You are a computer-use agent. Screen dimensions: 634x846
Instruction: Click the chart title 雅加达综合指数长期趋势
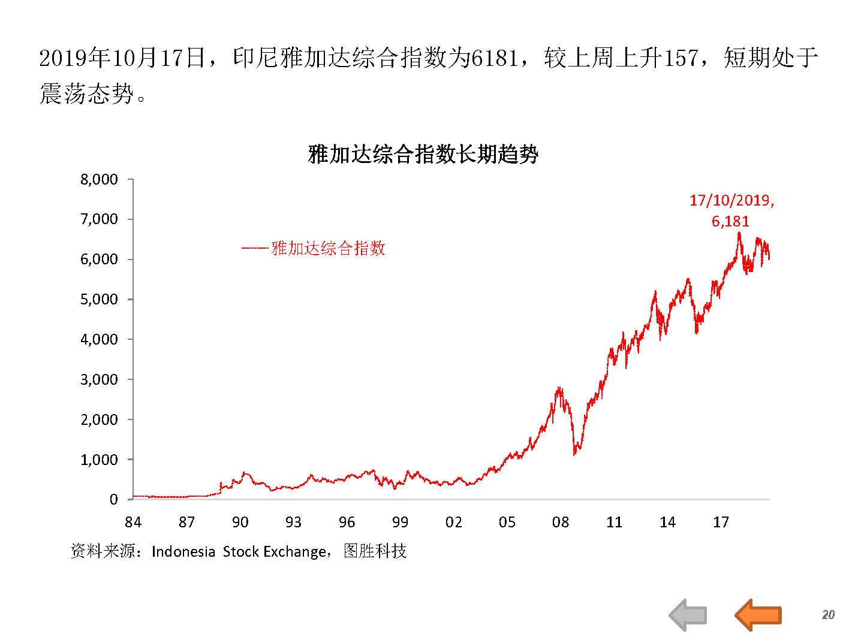point(423,155)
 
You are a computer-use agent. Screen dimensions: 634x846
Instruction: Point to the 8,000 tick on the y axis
point(99,179)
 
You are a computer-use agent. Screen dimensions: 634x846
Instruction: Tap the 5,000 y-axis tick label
point(99,299)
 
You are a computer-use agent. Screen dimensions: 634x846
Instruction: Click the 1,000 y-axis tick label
point(99,460)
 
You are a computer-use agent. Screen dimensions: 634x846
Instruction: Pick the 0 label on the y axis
point(113,500)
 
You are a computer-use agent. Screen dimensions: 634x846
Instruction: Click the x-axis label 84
point(133,523)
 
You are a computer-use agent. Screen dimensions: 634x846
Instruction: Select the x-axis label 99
point(400,523)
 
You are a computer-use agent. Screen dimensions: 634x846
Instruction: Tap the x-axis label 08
point(561,523)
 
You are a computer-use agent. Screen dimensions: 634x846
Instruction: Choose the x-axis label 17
point(721,523)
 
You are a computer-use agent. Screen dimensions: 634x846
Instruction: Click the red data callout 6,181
point(730,222)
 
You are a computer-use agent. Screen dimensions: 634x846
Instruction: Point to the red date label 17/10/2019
point(731,201)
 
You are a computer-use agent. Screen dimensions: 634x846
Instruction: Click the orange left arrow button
point(758,614)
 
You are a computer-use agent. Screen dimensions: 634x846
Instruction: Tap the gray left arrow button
point(688,614)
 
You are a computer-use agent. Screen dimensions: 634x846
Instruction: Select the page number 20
point(828,615)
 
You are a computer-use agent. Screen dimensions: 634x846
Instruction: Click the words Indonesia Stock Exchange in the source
point(239,551)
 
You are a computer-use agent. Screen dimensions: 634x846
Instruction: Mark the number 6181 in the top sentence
point(495,58)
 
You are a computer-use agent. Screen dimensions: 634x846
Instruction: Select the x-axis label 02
point(454,523)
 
